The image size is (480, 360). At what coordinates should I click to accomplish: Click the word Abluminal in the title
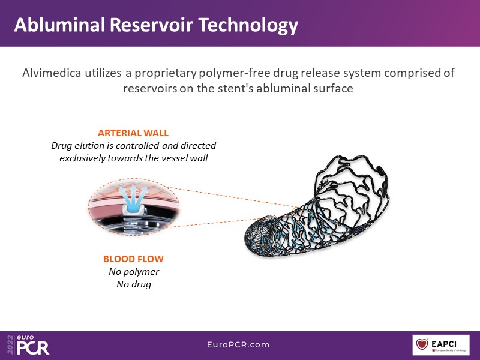click(55, 25)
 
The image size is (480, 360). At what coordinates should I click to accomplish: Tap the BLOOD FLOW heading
click(133, 259)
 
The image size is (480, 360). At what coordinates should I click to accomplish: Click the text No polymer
click(133, 272)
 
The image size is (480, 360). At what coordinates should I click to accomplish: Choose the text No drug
click(133, 284)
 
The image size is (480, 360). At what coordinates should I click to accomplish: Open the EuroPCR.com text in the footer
click(239, 345)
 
